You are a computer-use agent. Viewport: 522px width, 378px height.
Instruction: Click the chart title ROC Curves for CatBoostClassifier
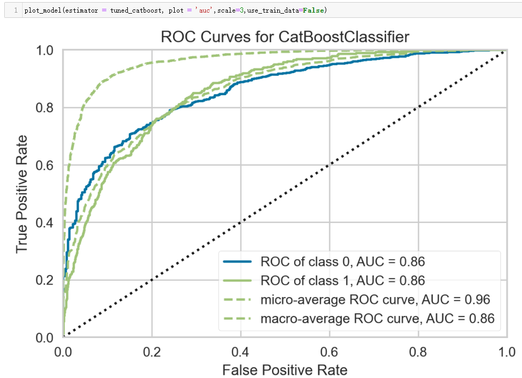tap(285, 37)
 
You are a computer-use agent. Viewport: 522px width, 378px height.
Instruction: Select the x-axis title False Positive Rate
tap(285, 370)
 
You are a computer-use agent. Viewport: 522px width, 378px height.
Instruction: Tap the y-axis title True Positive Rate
tap(22, 193)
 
